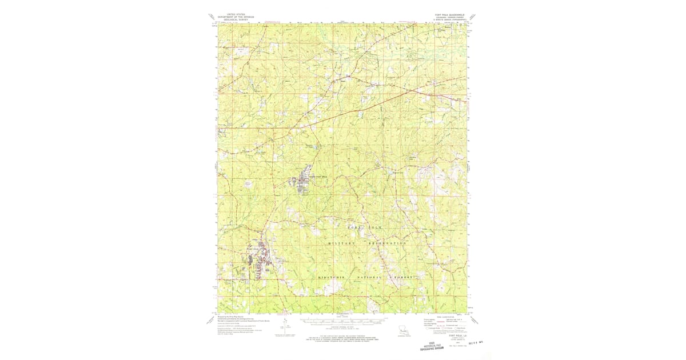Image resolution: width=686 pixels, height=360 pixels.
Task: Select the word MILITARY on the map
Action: (x=342, y=243)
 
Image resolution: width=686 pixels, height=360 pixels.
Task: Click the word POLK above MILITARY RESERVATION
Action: (x=381, y=227)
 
